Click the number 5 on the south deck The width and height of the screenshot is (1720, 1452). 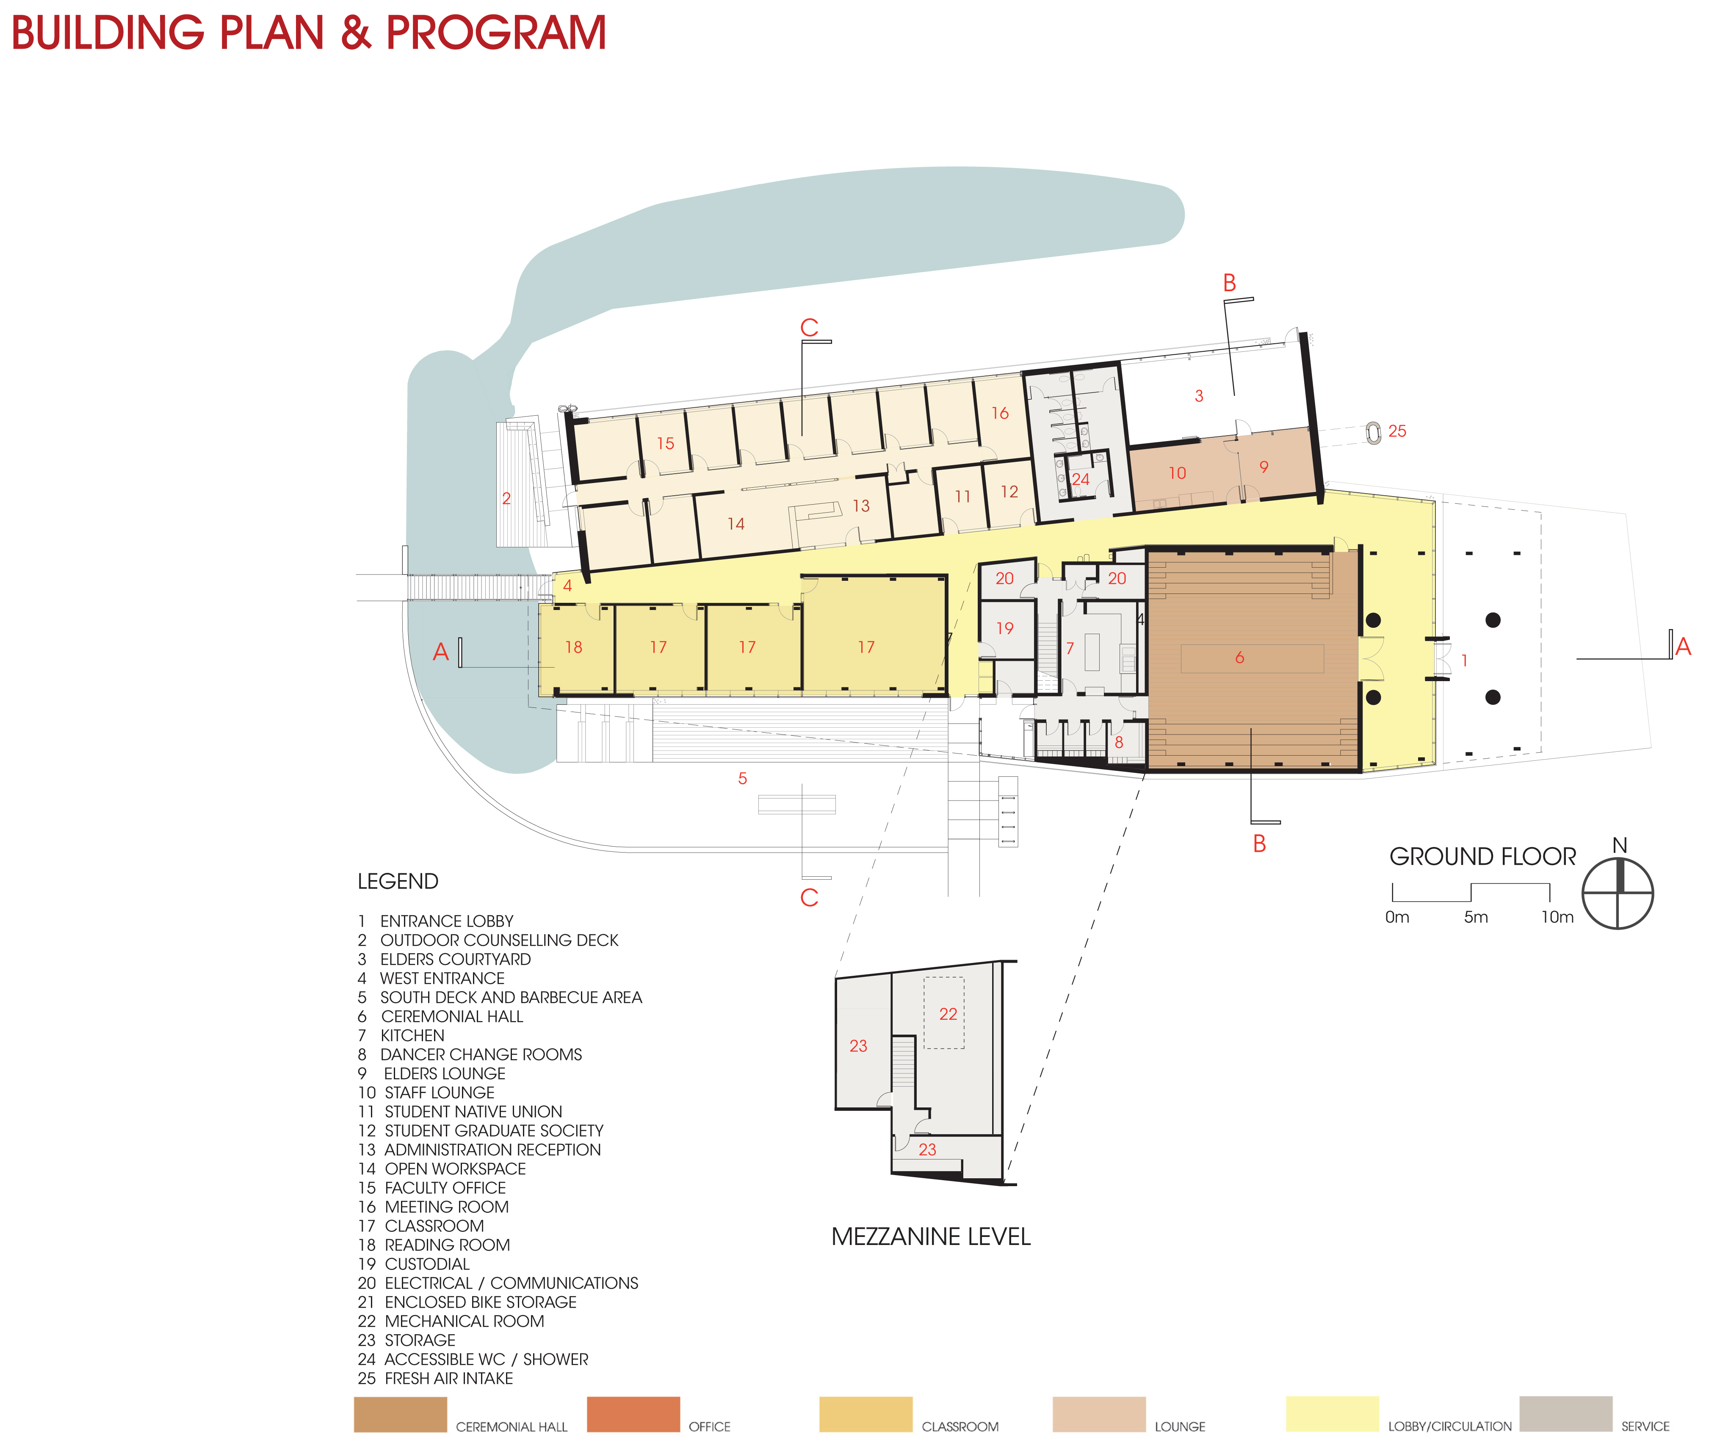(x=742, y=778)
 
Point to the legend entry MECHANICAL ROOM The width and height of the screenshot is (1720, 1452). (x=451, y=1321)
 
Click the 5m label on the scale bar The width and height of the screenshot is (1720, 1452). (x=1475, y=917)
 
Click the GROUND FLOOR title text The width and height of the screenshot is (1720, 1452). (x=1482, y=857)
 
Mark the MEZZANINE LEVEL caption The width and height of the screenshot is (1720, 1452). (x=930, y=1237)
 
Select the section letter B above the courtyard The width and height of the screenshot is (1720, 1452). (x=1229, y=283)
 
